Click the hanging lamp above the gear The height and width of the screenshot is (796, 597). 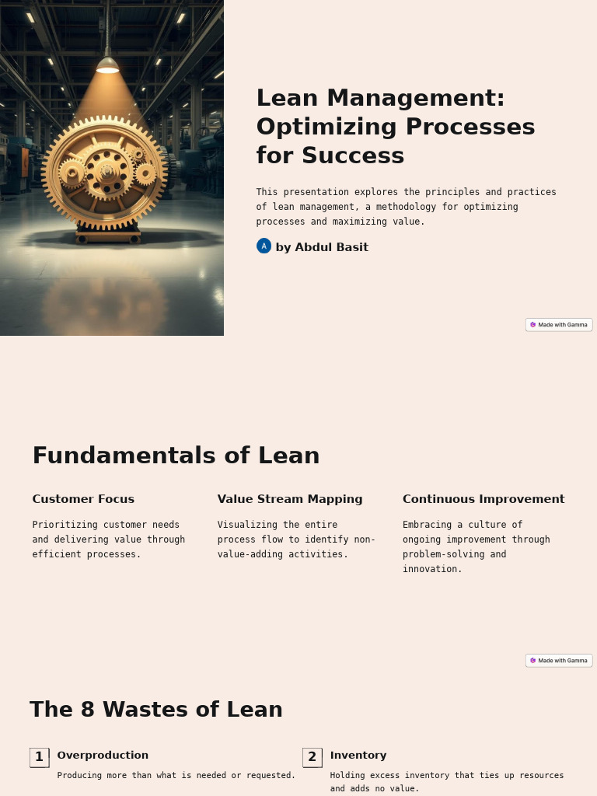coord(107,66)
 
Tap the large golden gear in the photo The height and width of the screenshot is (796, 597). coord(104,173)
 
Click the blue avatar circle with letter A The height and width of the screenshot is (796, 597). coord(264,246)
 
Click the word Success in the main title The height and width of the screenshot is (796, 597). coord(353,155)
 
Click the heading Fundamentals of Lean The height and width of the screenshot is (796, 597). coord(176,456)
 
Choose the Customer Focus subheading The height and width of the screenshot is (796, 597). coord(83,499)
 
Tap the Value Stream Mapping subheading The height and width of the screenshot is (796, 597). coord(290,499)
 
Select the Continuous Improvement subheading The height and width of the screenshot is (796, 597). coord(484,499)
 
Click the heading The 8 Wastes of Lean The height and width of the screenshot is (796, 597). coord(156,710)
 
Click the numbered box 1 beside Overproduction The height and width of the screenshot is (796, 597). coord(39,757)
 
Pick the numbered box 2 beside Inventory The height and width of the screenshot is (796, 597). coord(312,757)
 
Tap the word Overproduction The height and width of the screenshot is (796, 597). coord(103,756)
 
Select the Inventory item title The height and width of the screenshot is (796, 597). coord(358,756)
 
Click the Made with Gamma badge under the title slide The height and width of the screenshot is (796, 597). coord(559,325)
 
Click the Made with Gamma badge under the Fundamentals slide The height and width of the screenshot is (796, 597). coord(559,661)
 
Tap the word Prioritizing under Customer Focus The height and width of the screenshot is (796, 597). coord(65,525)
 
